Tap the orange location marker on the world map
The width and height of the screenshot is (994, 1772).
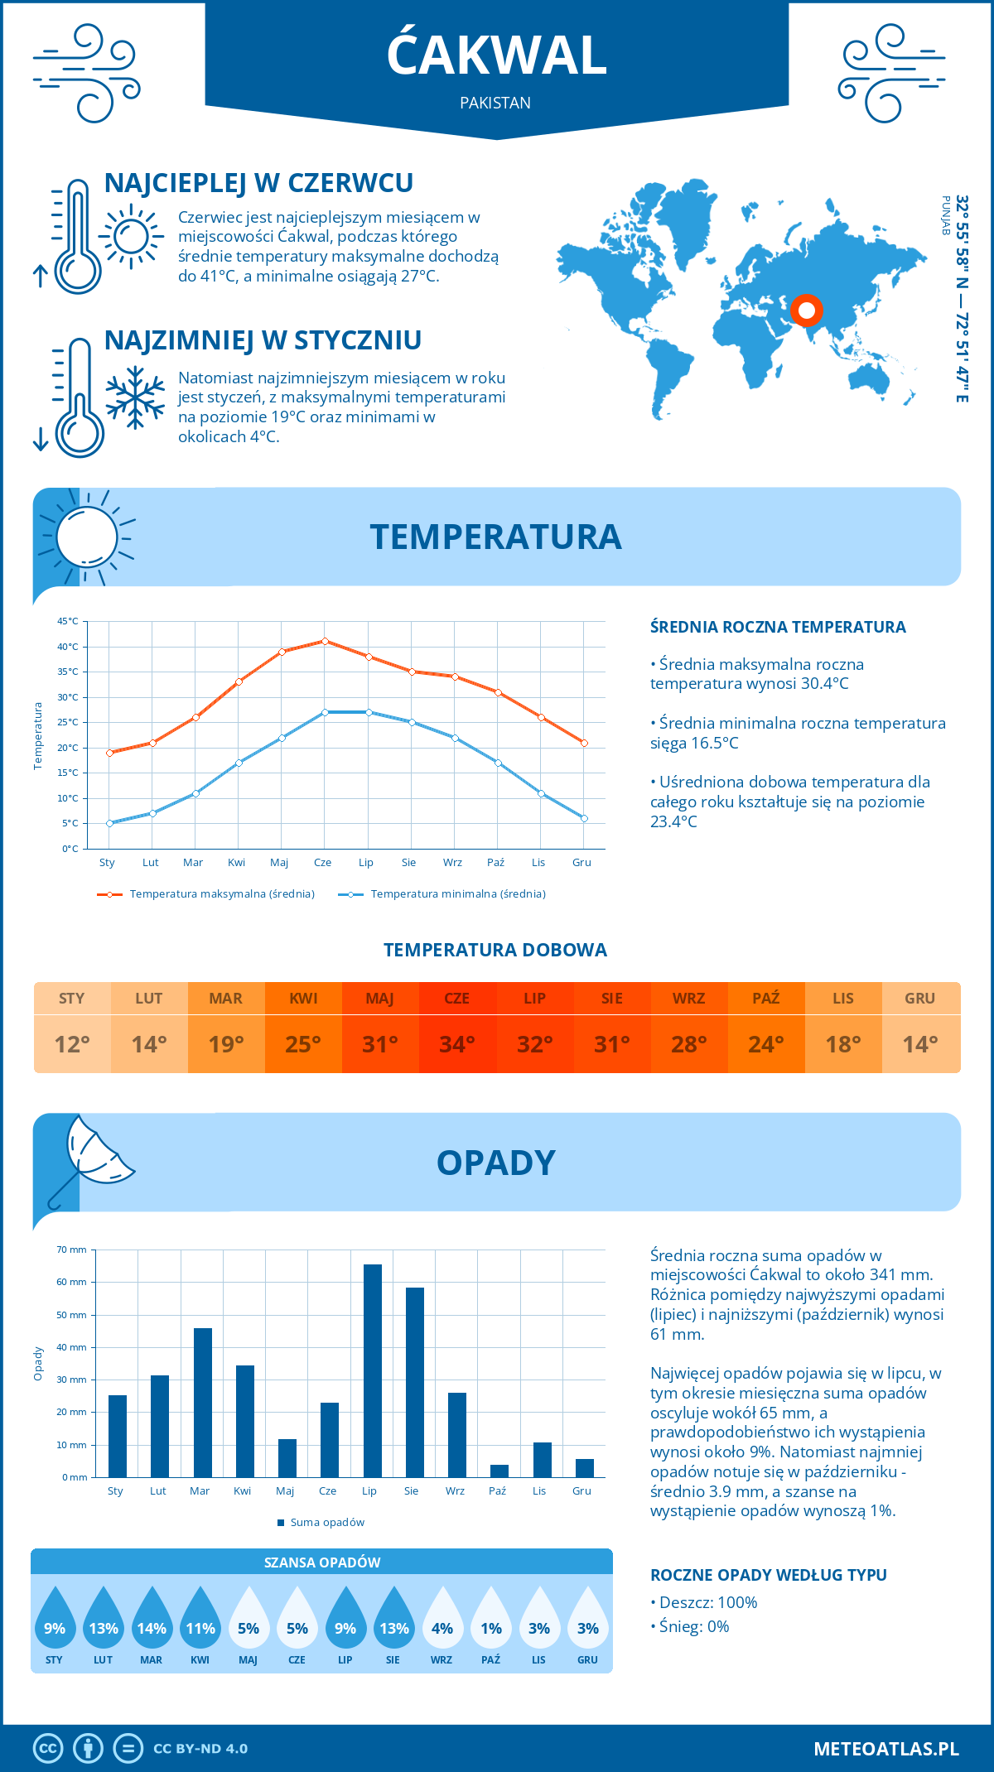[x=806, y=311]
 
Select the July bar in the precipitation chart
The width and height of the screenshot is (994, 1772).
[x=373, y=1370]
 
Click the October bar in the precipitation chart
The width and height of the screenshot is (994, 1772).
[x=499, y=1471]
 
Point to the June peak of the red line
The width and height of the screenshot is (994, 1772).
[x=325, y=641]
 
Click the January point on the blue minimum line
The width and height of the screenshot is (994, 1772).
[x=109, y=823]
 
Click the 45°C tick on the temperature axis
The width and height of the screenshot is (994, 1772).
[x=68, y=621]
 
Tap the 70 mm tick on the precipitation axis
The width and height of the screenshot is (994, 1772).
[x=72, y=1250]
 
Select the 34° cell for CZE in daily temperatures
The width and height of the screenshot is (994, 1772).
[x=457, y=1044]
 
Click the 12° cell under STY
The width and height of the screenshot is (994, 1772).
[x=72, y=1044]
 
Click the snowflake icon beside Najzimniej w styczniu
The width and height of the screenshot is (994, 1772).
[x=135, y=397]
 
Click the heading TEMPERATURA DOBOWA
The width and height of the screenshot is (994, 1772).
[x=495, y=950]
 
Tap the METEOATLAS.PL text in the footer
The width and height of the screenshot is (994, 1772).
[x=885, y=1749]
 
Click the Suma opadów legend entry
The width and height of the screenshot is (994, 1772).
[x=326, y=1523]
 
